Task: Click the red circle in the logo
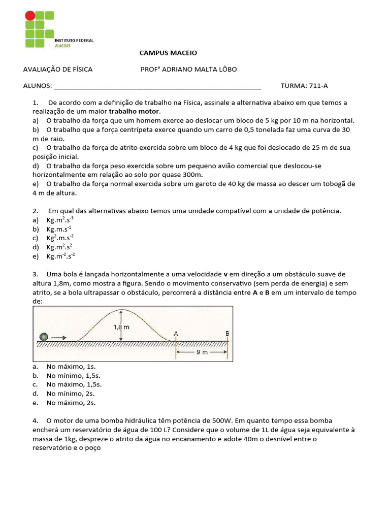tap(30, 16)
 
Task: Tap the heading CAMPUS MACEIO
tap(168, 53)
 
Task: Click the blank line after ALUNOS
tap(157, 86)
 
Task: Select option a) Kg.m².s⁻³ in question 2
tap(60, 220)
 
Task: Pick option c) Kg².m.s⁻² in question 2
tap(60, 238)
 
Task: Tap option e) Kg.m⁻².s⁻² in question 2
tap(60, 256)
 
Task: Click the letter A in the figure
tap(176, 333)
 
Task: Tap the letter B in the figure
tap(227, 333)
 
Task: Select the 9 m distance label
tap(202, 351)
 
